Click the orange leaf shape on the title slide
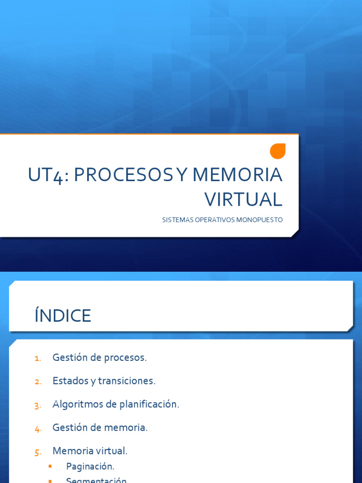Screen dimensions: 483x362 click(278, 151)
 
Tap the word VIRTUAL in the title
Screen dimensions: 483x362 click(243, 200)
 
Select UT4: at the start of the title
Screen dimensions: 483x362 click(49, 175)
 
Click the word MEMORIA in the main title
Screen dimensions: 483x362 click(237, 175)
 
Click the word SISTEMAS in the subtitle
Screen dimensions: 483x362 click(176, 220)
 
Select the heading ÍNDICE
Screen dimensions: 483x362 click(63, 316)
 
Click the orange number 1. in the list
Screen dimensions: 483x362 click(38, 358)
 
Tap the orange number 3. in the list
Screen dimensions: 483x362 click(38, 405)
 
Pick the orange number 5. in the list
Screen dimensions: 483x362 click(38, 452)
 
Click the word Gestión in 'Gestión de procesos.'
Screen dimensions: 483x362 click(70, 358)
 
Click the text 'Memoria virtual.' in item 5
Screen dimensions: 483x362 click(90, 451)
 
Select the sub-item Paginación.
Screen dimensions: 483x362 click(90, 466)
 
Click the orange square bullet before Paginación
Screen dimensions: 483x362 click(49, 466)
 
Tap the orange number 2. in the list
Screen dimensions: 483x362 click(38, 382)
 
